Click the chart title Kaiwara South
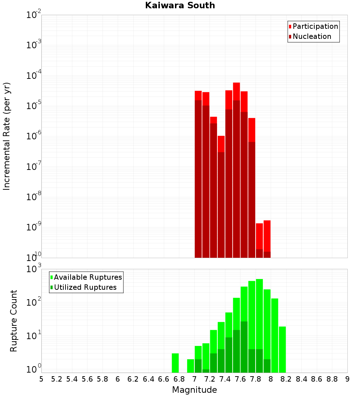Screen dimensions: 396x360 [180, 5]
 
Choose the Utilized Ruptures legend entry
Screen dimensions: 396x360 [85, 288]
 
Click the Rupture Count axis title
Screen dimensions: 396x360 [14, 321]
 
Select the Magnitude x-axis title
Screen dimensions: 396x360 [194, 390]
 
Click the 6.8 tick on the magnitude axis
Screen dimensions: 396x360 [179, 379]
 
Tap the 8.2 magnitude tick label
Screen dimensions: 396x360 [286, 379]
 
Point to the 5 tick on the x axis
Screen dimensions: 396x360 [41, 379]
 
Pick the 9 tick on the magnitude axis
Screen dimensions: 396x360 [347, 379]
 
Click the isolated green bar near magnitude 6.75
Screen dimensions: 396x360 [175, 363]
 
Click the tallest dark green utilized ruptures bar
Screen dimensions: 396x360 [244, 346]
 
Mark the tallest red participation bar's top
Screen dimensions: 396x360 [237, 83]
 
